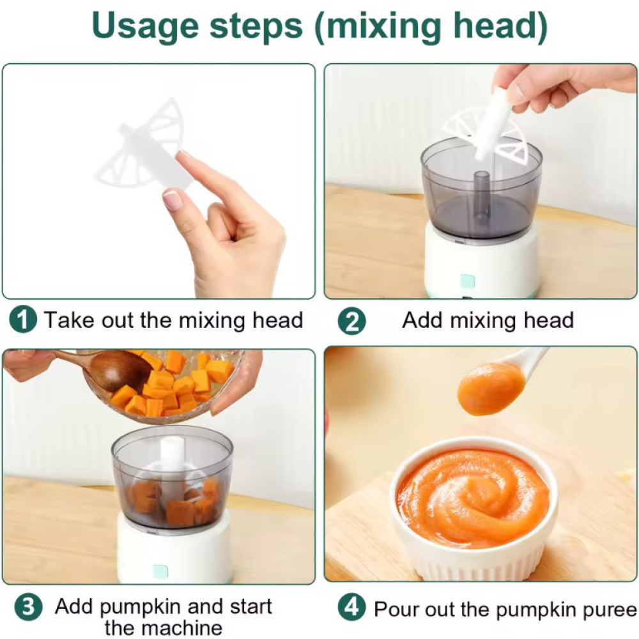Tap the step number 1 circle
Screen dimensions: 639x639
[23, 320]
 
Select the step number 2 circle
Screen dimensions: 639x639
[351, 321]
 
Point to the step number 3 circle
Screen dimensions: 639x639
[28, 607]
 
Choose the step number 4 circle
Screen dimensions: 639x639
[351, 607]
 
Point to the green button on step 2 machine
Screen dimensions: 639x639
[467, 281]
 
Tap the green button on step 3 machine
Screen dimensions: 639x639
[160, 571]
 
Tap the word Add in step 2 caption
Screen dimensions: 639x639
[422, 320]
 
